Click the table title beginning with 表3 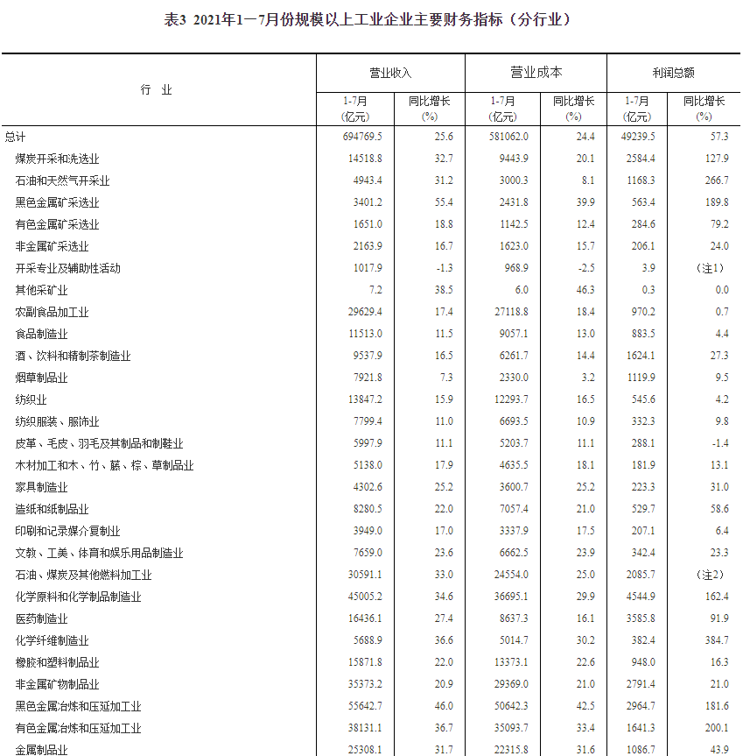[372, 19]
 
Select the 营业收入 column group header [390, 73]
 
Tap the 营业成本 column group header [536, 73]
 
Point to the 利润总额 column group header [673, 73]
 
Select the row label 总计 [16, 137]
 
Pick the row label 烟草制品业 [42, 378]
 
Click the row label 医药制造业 [42, 618]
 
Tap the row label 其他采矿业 [42, 290]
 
